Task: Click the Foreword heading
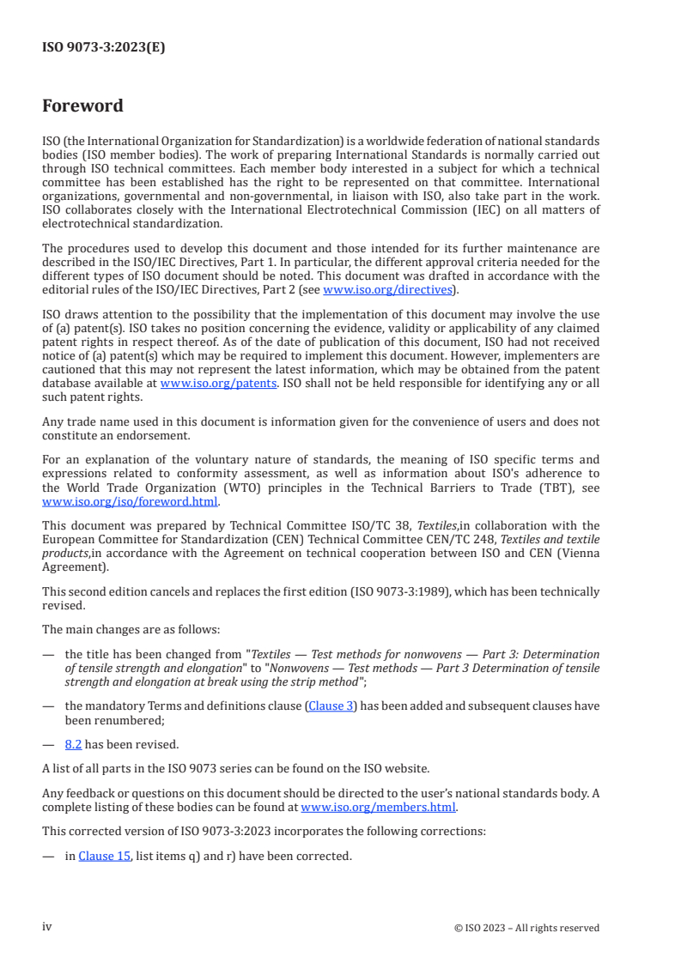pyautogui.click(x=82, y=106)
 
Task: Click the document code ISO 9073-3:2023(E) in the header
pyautogui.click(x=103, y=48)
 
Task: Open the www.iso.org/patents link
pyautogui.click(x=218, y=383)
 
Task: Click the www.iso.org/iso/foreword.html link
pyautogui.click(x=131, y=502)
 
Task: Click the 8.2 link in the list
pyautogui.click(x=73, y=744)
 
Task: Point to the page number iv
pyautogui.click(x=47, y=926)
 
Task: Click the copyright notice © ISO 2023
pyautogui.click(x=526, y=928)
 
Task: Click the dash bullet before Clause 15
pyautogui.click(x=47, y=855)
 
